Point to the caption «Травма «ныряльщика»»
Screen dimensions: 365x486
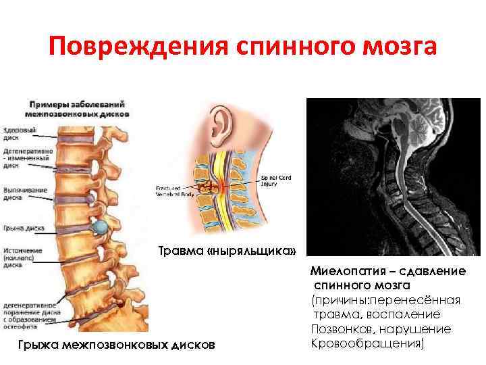pyautogui.click(x=227, y=252)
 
